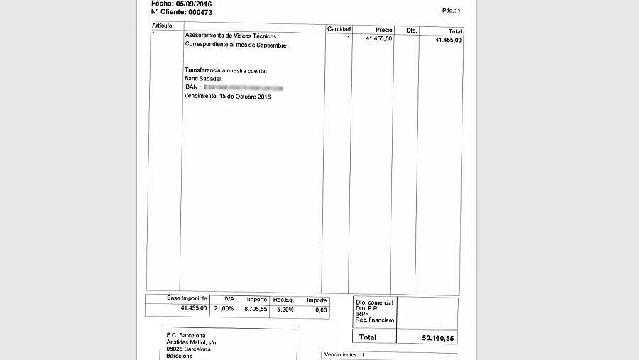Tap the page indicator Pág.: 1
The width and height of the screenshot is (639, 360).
(451, 11)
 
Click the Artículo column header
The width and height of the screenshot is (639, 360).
(162, 26)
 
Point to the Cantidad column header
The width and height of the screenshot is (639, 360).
(339, 29)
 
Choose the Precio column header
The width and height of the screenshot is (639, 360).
(384, 30)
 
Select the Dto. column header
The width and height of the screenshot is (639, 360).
(412, 31)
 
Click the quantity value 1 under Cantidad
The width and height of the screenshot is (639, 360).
(349, 38)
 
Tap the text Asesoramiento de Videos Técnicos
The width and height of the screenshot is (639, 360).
(231, 36)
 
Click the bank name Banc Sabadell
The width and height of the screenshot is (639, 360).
(203, 79)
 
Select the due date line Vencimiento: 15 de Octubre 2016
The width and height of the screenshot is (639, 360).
(227, 96)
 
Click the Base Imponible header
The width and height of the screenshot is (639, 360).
(187, 299)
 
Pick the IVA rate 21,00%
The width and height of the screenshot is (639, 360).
(224, 309)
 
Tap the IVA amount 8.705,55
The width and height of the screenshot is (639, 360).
(256, 309)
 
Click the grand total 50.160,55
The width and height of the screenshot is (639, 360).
(437, 337)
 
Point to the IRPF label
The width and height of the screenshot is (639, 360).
(363, 314)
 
